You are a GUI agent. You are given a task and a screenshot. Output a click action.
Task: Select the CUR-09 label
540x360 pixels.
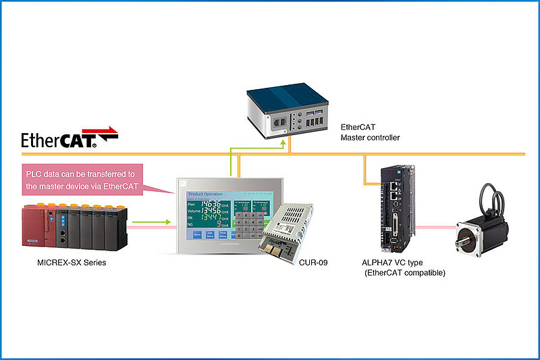point(314,261)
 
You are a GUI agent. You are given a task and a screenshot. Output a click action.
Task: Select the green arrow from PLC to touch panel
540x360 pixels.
point(157,221)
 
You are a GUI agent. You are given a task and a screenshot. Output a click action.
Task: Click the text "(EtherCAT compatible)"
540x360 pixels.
point(404,273)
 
